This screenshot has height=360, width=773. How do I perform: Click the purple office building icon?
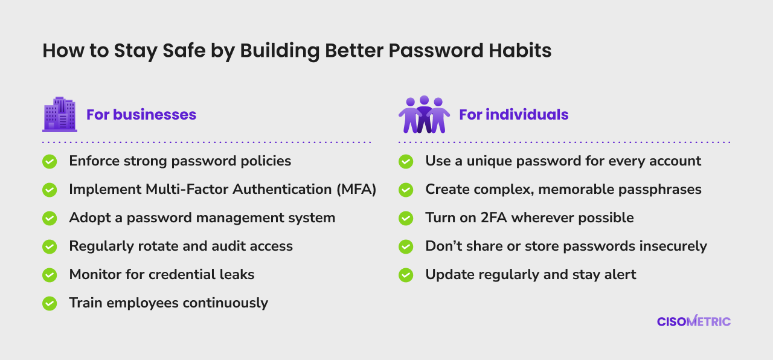click(x=60, y=114)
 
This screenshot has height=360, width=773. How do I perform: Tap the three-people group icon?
click(x=424, y=114)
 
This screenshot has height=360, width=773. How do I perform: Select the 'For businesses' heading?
click(x=141, y=115)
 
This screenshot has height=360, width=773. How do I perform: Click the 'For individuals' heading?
click(x=513, y=115)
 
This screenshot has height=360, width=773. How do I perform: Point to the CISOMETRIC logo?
click(x=694, y=321)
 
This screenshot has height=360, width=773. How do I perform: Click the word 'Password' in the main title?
click(x=436, y=50)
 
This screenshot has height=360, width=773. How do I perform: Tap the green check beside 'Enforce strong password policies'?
click(x=50, y=161)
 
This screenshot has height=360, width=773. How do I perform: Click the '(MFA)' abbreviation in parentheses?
click(x=356, y=190)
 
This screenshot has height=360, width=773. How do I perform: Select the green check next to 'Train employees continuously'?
click(x=50, y=303)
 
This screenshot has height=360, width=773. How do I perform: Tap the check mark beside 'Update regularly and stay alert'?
click(x=406, y=275)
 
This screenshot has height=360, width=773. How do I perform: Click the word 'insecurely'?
click(x=673, y=246)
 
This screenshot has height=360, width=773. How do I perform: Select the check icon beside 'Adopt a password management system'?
click(x=50, y=218)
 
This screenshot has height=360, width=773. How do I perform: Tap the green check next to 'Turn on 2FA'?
click(x=406, y=218)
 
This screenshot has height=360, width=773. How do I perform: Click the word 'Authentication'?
click(x=282, y=189)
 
